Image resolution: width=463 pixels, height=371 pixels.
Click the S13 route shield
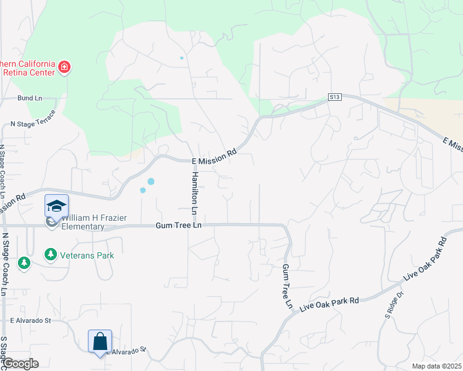[x=335, y=97]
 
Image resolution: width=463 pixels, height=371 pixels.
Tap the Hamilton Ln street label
[x=194, y=194]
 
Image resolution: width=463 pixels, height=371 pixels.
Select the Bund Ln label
[x=30, y=98]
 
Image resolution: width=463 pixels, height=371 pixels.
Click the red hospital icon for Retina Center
[x=64, y=67]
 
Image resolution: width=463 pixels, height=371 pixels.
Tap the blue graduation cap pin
[x=56, y=205]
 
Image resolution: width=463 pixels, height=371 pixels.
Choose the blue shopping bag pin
[x=100, y=341]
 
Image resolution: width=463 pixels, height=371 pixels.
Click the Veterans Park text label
[x=87, y=255]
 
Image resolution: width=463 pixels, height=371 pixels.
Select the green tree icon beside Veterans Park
[x=50, y=254]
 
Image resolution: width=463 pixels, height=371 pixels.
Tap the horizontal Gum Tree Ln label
[x=178, y=227]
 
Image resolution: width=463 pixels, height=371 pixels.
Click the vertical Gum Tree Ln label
[x=287, y=286]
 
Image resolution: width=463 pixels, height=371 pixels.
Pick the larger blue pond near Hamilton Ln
[x=150, y=181]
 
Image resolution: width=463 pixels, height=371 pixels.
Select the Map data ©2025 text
[x=436, y=366]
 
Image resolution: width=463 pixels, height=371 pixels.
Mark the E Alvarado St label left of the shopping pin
[x=30, y=321]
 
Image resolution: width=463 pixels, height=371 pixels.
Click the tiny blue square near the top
[x=181, y=58]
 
